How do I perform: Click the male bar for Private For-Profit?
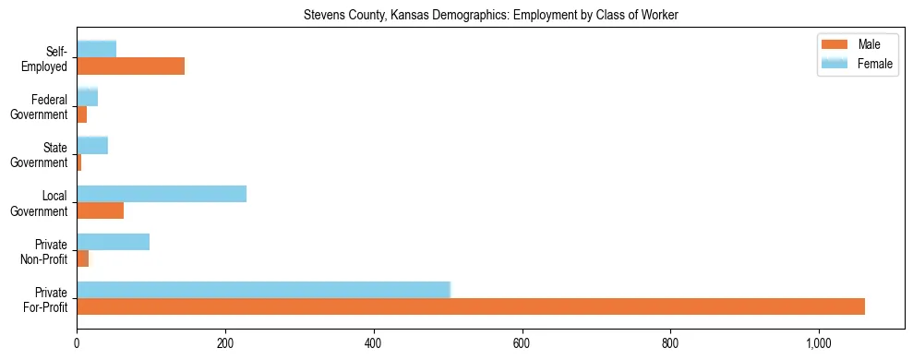click(x=471, y=306)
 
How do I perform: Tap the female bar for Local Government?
click(x=162, y=194)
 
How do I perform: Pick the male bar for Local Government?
click(x=100, y=210)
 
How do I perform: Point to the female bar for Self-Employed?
click(x=96, y=49)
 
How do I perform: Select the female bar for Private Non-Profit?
click(x=113, y=242)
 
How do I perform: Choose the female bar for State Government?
click(x=92, y=145)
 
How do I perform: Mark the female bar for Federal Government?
click(x=87, y=97)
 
